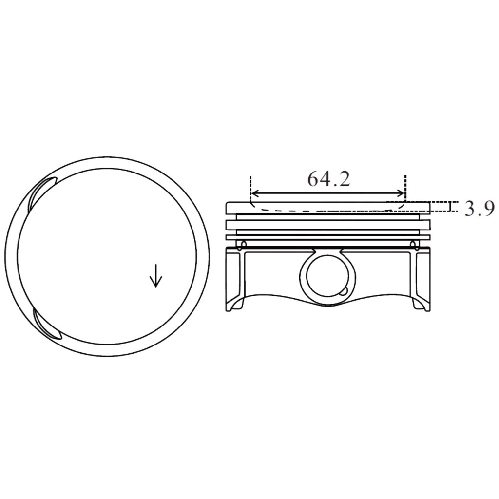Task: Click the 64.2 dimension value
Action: coord(328,179)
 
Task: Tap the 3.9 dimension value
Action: coord(479,209)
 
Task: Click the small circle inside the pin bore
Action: coord(344,291)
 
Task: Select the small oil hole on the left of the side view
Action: coord(244,243)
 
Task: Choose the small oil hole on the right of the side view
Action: coord(413,243)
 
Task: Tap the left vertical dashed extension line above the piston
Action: coord(250,185)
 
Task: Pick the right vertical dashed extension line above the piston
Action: coord(405,185)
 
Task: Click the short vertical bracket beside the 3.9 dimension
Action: coord(450,207)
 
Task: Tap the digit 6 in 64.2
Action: coord(313,179)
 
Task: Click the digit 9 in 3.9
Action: coord(488,209)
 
